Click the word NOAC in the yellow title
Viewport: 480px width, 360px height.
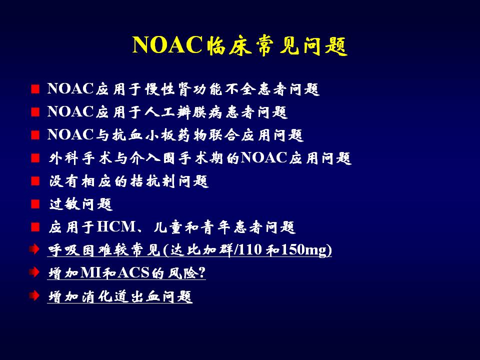tap(167, 45)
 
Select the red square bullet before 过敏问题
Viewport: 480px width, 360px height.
tap(35, 204)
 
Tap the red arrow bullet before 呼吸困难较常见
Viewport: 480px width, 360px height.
tap(34, 249)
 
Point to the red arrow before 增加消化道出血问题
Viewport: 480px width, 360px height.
tap(34, 295)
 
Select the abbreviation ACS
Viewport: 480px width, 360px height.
tap(133, 273)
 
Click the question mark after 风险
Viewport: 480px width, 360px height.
tap(201, 272)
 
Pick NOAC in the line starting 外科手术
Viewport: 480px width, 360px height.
tap(264, 157)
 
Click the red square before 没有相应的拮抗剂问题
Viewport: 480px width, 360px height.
tap(35, 181)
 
